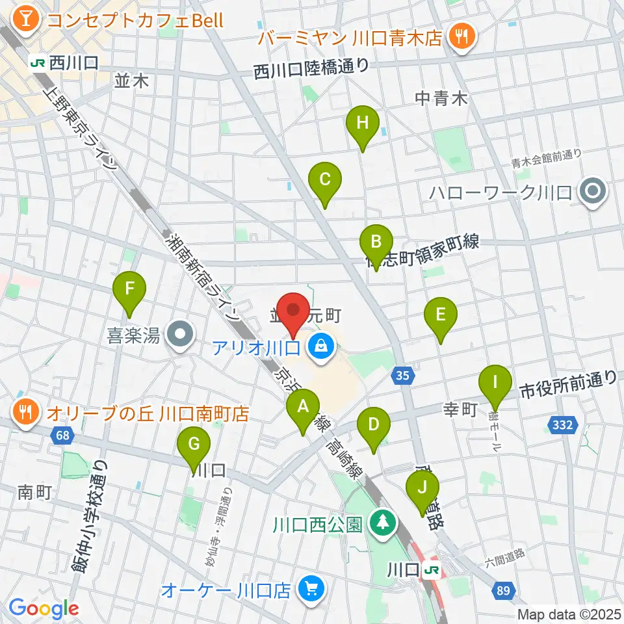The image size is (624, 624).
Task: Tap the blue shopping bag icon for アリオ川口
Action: click(x=320, y=345)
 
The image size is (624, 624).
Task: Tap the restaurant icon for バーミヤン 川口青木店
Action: click(x=462, y=36)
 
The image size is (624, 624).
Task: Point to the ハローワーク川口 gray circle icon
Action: click(x=593, y=192)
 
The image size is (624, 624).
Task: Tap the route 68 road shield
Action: click(x=61, y=436)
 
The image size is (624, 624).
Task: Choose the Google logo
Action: click(x=44, y=608)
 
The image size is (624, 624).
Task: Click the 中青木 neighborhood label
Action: click(x=441, y=99)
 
